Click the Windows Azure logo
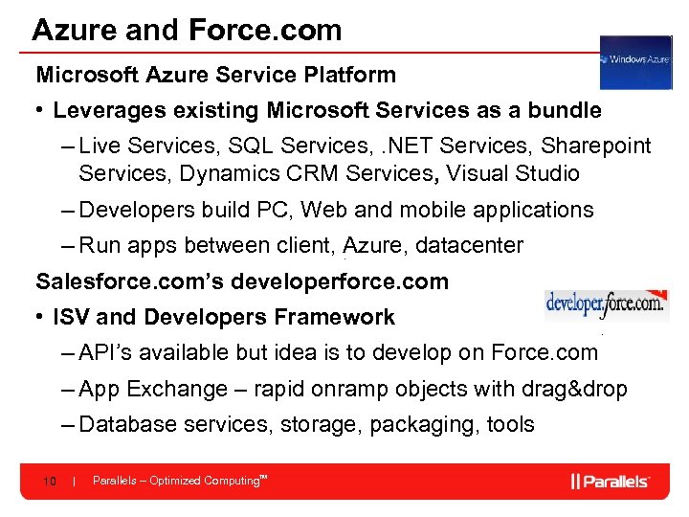click(635, 62)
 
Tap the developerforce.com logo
click(606, 305)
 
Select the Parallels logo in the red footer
click(611, 481)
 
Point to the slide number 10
click(51, 481)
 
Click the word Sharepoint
click(595, 146)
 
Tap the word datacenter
click(470, 245)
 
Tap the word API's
click(107, 352)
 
